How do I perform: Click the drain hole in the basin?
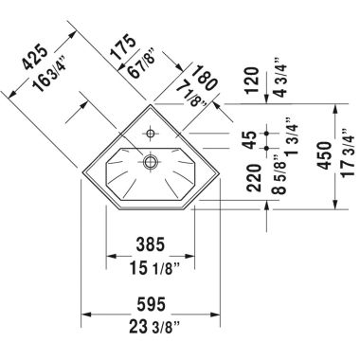click(x=150, y=162)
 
